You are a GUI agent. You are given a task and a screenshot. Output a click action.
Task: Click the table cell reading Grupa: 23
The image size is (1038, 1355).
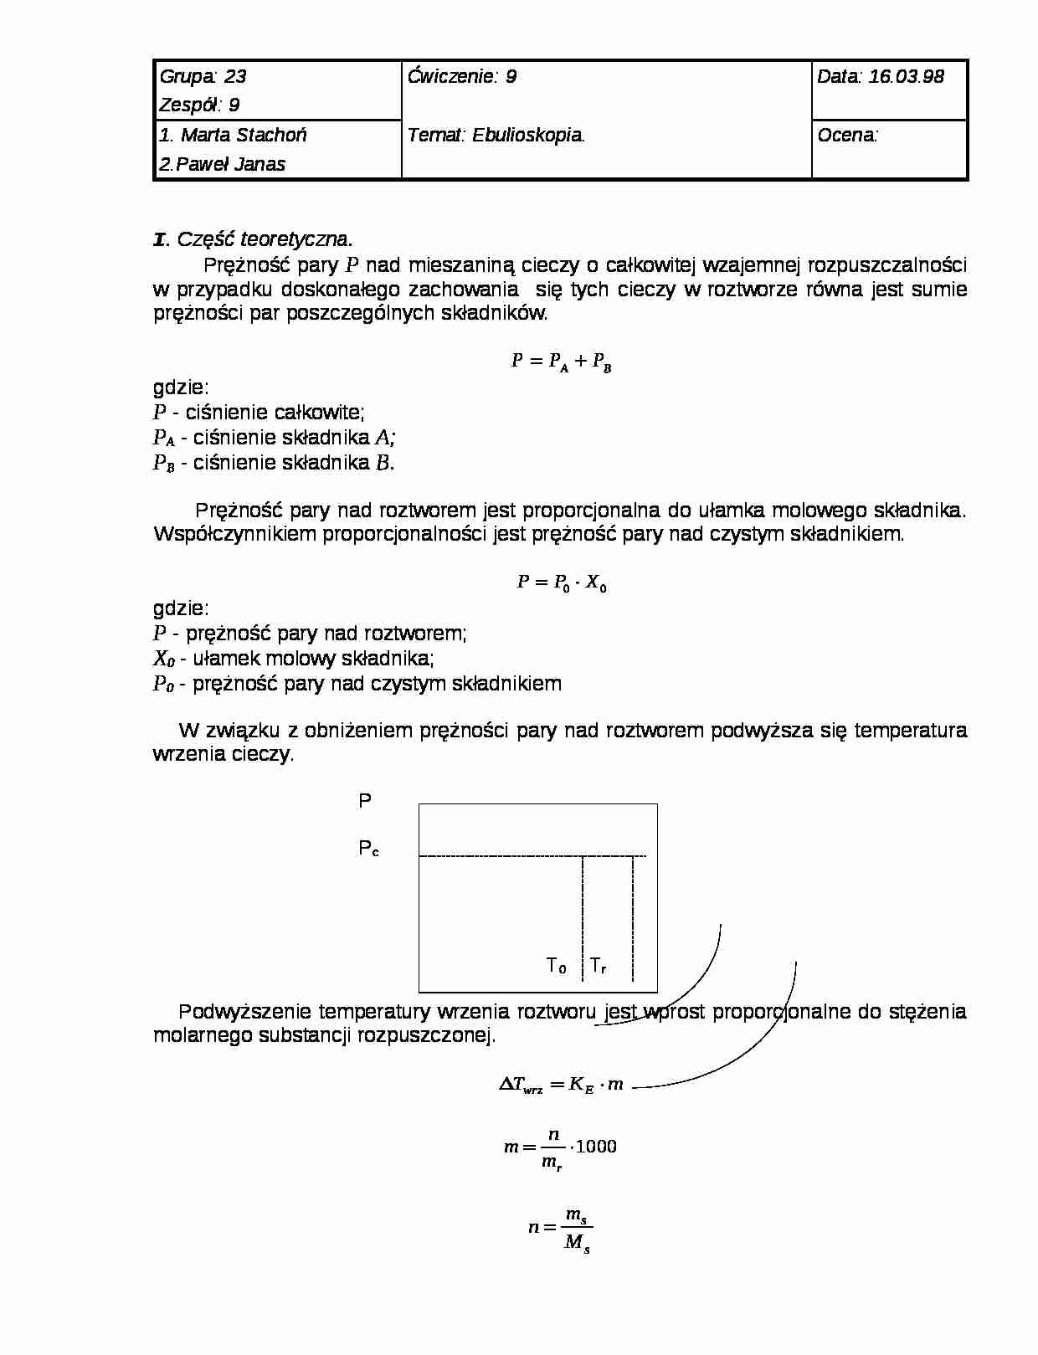pos(203,77)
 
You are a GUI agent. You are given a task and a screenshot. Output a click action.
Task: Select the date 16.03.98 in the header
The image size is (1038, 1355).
pos(906,77)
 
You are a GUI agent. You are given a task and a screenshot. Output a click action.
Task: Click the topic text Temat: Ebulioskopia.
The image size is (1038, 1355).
pos(496,135)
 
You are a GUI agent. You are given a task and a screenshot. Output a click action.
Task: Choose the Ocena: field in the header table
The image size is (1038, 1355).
pos(848,135)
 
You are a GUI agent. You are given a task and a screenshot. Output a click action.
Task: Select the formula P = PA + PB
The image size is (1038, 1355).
pos(561,362)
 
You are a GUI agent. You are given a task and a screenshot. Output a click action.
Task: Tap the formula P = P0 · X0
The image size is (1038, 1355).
pos(561,583)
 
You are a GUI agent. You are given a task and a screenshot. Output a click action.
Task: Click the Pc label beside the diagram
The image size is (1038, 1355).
pos(368,849)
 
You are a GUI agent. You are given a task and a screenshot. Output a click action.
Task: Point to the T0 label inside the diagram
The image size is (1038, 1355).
pos(556,966)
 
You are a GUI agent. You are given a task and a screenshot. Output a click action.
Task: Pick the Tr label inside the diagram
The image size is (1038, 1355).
pos(598,966)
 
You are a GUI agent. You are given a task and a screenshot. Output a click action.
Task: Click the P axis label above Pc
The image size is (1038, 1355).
pos(365,801)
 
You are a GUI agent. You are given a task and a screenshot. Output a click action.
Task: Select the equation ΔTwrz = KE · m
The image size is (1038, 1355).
pos(561,1085)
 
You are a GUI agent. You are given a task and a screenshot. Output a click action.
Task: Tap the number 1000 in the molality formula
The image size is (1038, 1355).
pos(596,1147)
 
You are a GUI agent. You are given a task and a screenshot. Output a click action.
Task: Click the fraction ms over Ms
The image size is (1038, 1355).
pos(577,1229)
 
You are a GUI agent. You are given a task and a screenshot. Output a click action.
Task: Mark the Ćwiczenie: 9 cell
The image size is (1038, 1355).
pos(462,77)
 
